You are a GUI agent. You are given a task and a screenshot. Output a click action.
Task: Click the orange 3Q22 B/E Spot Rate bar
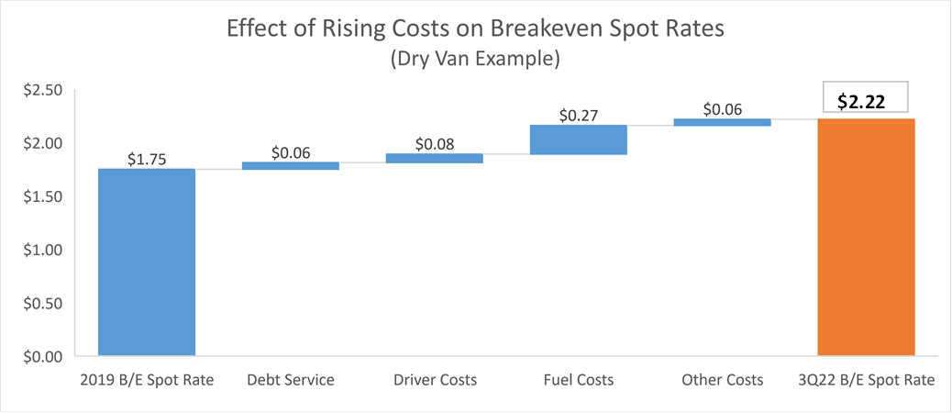866,237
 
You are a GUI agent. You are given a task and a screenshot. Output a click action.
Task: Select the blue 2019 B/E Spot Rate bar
147,262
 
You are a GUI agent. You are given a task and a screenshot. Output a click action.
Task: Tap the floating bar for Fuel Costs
578,140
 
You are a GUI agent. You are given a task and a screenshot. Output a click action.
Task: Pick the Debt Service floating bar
290,166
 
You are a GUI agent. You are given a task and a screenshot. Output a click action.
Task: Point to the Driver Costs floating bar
434,158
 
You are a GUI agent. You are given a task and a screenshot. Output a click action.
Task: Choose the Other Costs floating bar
722,122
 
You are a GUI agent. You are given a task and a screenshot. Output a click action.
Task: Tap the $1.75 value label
147,158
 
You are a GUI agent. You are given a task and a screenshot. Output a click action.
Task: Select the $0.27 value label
578,116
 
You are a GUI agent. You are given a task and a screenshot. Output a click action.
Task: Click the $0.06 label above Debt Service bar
290,152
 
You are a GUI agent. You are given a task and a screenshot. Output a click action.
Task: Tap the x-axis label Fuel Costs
578,380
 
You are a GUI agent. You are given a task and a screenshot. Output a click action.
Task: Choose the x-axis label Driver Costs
434,380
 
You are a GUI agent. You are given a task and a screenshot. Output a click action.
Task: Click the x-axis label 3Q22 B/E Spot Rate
866,380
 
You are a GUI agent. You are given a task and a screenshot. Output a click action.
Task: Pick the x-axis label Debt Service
290,380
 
